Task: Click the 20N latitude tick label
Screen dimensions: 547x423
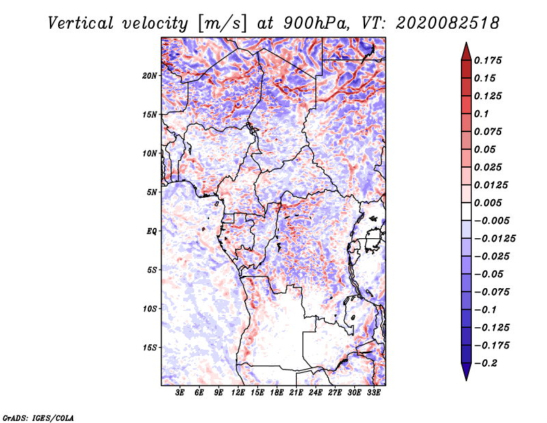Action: point(149,76)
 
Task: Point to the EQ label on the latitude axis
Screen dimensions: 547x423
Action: point(152,231)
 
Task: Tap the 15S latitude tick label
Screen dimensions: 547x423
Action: point(149,348)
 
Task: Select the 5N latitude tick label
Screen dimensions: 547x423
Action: point(152,192)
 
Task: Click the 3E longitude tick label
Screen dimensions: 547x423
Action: point(180,392)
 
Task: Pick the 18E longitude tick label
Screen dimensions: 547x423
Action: point(277,392)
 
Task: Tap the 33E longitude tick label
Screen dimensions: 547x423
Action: point(373,392)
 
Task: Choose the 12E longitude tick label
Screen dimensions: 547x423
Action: point(238,392)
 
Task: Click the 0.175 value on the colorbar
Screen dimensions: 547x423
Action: point(488,60)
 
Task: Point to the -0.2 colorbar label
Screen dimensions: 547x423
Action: point(485,363)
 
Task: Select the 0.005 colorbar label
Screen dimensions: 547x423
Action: point(488,203)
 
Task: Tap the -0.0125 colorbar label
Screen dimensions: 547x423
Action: point(494,239)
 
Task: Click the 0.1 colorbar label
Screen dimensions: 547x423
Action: point(481,114)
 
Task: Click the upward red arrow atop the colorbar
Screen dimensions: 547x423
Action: point(466,51)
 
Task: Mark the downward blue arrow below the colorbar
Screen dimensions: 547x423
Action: point(466,372)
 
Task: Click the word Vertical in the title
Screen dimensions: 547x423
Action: point(81,23)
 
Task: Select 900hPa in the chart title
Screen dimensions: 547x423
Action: point(316,23)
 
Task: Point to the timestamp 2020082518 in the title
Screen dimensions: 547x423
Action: point(448,23)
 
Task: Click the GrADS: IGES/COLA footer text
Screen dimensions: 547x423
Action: point(38,418)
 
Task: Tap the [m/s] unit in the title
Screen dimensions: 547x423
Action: point(222,23)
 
